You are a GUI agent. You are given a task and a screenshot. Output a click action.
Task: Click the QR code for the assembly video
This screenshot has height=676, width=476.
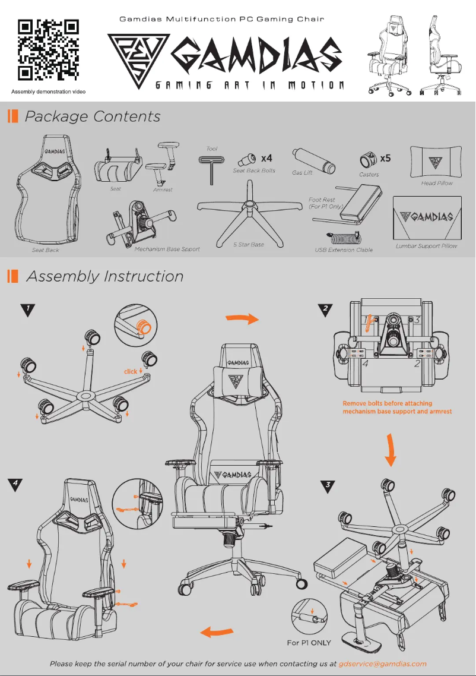(x=48, y=50)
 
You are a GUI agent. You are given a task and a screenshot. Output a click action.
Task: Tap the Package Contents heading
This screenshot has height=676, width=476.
(x=93, y=116)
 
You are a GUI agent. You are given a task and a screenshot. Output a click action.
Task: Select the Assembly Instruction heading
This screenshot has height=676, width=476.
(x=105, y=276)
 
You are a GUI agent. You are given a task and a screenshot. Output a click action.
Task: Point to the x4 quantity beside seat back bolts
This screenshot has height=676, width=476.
(x=266, y=158)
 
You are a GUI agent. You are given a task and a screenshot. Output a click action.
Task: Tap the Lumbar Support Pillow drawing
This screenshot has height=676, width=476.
(x=427, y=217)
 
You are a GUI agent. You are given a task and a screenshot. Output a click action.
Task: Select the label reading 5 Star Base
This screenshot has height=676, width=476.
(x=249, y=245)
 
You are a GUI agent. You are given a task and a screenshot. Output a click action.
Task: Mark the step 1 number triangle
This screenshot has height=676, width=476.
(x=27, y=309)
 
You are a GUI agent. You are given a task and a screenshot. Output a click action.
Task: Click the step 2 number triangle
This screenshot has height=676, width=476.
(x=326, y=309)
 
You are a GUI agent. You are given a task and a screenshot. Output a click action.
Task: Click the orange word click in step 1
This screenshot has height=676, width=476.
(x=131, y=372)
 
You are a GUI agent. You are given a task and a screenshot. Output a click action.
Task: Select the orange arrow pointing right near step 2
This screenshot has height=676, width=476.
(x=242, y=319)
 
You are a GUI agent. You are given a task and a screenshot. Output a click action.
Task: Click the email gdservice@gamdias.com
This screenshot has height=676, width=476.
(x=382, y=664)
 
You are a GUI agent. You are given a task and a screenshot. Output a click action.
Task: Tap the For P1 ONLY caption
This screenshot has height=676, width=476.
(x=309, y=643)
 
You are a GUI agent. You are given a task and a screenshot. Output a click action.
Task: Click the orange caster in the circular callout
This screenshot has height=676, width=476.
(x=143, y=326)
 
